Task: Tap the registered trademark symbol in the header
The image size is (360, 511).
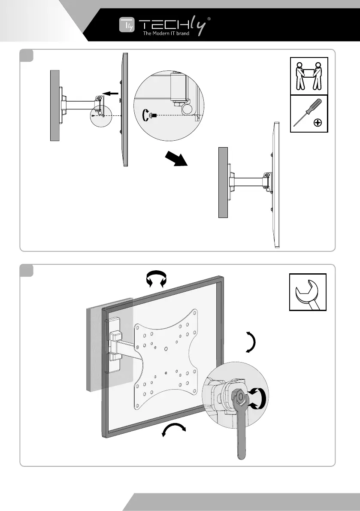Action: [x=209, y=19]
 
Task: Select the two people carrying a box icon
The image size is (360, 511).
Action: [x=309, y=76]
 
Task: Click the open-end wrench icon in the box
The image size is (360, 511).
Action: [x=307, y=292]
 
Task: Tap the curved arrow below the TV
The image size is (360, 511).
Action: [x=174, y=429]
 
